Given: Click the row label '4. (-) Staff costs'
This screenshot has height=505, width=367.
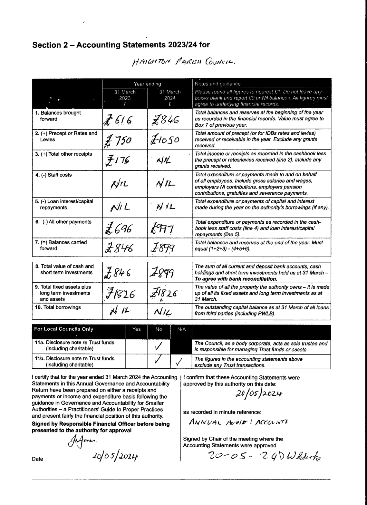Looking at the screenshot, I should coord(53,175).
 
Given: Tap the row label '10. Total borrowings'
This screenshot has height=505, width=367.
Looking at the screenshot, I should coord(58,307).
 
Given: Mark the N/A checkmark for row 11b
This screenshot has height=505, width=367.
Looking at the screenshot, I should coord(179,362).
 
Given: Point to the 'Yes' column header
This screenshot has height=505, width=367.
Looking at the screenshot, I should coord(137,329).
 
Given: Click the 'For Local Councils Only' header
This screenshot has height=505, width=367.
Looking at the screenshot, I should coord(64,329).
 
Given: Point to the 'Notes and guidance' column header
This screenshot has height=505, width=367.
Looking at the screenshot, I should coord(217,84).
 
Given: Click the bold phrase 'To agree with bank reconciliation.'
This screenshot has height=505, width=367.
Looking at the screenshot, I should coord(236,279).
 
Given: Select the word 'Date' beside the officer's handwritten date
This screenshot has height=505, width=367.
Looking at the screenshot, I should coord(37,459).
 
